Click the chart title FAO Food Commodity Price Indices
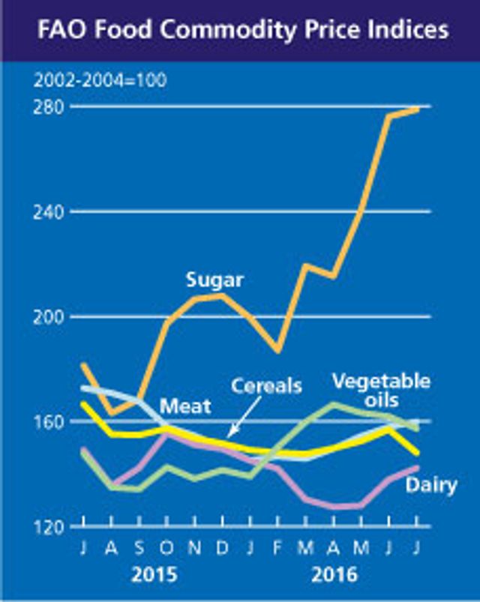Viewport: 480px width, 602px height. (x=239, y=30)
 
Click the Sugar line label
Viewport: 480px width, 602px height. (x=214, y=281)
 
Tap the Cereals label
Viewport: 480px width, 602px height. (x=266, y=386)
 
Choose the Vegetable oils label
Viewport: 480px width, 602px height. (x=381, y=391)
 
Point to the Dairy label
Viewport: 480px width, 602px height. (x=431, y=486)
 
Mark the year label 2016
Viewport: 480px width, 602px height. (x=334, y=575)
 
